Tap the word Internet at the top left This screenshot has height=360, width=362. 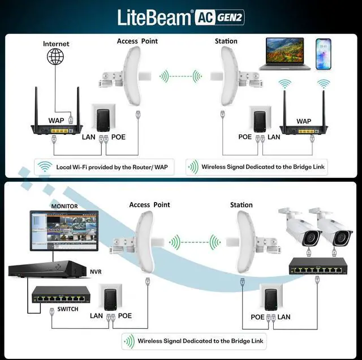point(56,44)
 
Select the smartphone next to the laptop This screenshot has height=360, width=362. point(324,54)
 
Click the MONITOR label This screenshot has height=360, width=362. point(64,206)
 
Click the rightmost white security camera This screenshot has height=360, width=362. point(330,228)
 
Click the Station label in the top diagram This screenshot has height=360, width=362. point(226,41)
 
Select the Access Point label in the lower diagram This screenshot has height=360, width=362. point(149,205)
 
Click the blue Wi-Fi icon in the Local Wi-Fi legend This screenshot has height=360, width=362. point(44,168)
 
